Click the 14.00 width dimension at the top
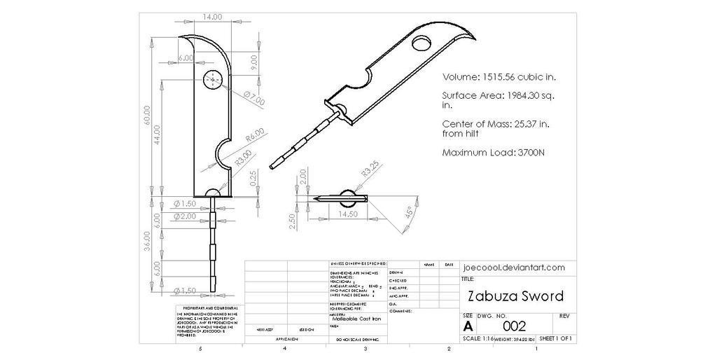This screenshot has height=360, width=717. click(x=211, y=16)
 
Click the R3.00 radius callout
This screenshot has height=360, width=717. click(x=242, y=157)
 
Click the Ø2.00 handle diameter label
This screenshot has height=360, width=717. click(x=186, y=217)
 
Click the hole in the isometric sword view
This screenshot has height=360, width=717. click(x=423, y=45)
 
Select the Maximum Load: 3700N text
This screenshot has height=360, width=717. click(x=494, y=152)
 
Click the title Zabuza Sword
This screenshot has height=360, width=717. click(x=515, y=296)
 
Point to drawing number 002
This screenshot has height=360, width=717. click(x=514, y=325)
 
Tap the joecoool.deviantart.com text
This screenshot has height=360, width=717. click(x=513, y=268)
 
